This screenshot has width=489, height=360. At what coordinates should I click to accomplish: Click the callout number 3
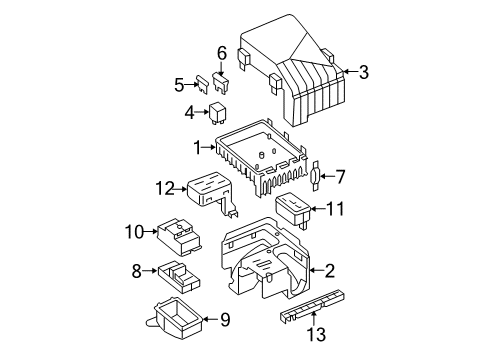(x=364, y=72)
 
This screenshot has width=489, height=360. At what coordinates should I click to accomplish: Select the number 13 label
(x=316, y=334)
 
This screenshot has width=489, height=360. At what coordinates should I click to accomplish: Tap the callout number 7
(x=340, y=177)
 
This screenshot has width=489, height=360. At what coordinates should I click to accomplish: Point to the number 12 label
(x=165, y=189)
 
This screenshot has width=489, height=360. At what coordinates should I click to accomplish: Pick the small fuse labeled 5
(x=202, y=84)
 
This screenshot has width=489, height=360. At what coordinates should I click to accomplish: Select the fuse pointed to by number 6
(x=221, y=83)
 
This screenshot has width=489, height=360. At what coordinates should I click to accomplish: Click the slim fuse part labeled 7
(x=316, y=177)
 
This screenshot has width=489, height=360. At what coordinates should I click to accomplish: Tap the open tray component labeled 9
(x=174, y=318)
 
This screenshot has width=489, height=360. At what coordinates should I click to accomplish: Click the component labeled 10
(x=179, y=236)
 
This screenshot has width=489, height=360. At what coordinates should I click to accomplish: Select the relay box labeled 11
(x=293, y=210)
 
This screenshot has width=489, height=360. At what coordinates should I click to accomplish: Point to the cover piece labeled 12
(x=212, y=193)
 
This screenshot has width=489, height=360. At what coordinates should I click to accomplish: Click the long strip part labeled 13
(x=312, y=306)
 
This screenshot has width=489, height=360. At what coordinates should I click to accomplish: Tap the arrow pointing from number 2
(x=317, y=270)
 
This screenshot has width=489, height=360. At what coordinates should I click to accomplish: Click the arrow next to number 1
(x=210, y=147)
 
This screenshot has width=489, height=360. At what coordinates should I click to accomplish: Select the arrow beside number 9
(x=210, y=319)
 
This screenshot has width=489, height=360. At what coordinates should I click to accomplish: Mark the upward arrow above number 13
(x=314, y=318)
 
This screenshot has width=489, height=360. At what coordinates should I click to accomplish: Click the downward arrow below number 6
(x=221, y=69)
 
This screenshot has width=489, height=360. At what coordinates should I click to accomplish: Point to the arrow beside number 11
(x=318, y=209)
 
